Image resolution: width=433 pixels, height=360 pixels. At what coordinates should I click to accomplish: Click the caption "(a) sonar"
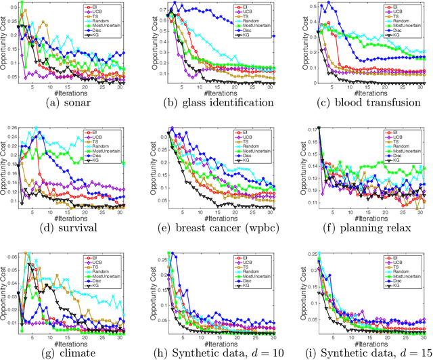coord(73,104)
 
